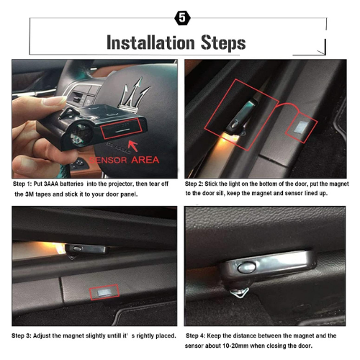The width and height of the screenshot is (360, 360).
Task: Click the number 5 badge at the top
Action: click(179, 16)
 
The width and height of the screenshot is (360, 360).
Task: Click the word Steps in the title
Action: click(222, 42)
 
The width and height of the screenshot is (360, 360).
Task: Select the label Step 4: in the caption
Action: click(201, 336)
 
